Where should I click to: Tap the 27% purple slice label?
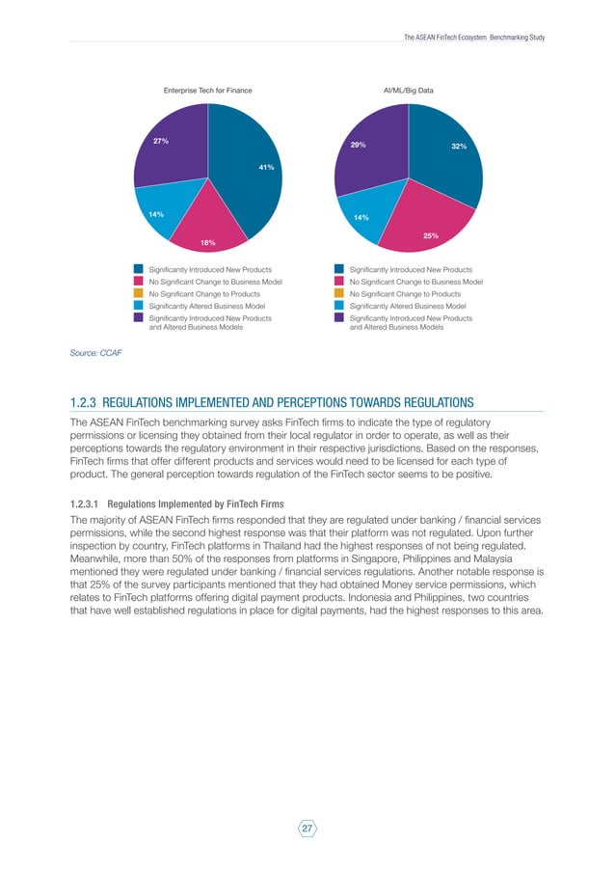(x=161, y=141)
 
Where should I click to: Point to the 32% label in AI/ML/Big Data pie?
(x=459, y=146)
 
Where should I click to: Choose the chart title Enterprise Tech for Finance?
(x=207, y=90)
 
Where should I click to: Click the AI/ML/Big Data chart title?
(x=409, y=90)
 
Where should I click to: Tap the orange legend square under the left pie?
(x=139, y=293)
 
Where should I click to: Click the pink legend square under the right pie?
(x=339, y=281)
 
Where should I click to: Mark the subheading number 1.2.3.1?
(x=84, y=503)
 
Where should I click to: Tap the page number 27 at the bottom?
(x=307, y=828)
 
